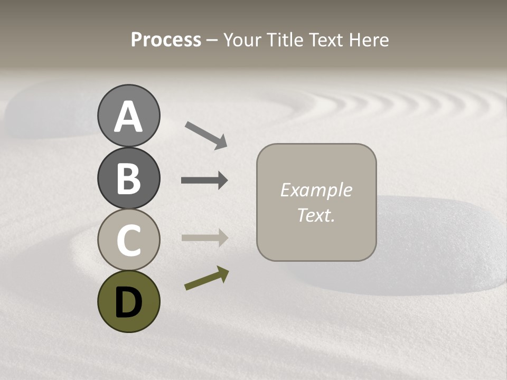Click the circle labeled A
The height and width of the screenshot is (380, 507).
point(128,116)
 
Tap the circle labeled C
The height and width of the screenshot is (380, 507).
point(128,240)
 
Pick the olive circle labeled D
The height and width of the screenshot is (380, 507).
point(128,301)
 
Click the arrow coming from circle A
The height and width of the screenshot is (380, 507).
point(205,135)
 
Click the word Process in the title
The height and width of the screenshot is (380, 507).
point(166,40)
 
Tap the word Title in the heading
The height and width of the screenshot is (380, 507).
point(286,40)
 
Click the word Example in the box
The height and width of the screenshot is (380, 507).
point(316,190)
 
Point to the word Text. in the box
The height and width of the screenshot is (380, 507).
point(316,215)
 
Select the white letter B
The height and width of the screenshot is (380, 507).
point(128,178)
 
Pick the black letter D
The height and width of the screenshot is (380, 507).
point(128,302)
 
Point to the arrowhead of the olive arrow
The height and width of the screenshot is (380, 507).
point(223,273)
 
